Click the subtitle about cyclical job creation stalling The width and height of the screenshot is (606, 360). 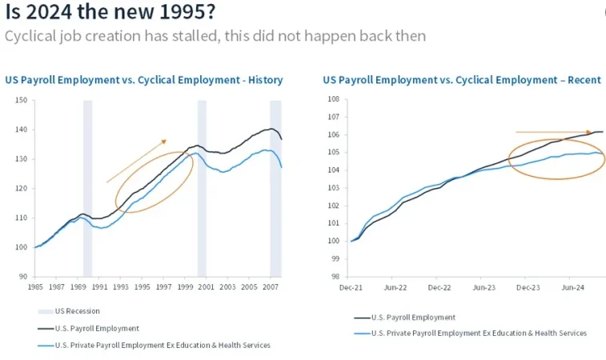[x=215, y=36]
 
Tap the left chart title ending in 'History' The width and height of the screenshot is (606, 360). [x=143, y=80]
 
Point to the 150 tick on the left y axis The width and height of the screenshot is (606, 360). [x=21, y=100]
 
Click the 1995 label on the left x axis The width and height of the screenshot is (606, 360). [x=142, y=286]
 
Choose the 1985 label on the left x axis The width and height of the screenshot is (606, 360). [x=36, y=286]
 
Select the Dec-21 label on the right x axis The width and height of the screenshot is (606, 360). [x=352, y=286]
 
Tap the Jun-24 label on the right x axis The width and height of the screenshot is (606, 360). [x=571, y=286]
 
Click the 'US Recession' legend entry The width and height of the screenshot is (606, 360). [x=77, y=310]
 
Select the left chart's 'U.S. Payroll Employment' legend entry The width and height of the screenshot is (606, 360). [x=98, y=328]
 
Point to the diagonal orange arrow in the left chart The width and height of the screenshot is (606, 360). [x=135, y=161]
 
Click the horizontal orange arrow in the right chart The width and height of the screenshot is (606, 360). [x=552, y=132]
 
